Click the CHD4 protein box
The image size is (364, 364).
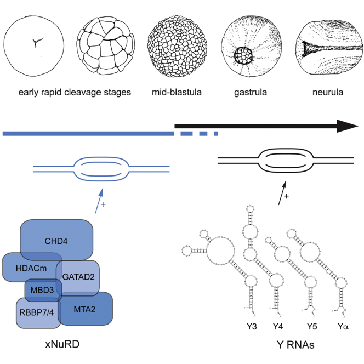(x=56, y=240)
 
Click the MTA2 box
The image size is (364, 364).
(x=86, y=310)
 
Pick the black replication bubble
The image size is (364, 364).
(x=286, y=161)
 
